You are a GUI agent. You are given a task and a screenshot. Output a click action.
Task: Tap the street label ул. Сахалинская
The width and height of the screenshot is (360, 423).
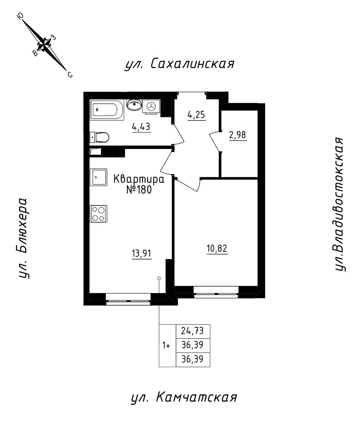[x=179, y=64]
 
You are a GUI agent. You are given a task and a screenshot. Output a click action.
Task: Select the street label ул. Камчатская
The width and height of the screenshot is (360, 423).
[x=184, y=398]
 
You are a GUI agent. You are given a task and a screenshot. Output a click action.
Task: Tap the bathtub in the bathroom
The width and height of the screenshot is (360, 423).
[x=107, y=110]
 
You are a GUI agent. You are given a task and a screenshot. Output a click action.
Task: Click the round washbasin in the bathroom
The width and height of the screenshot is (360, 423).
[x=134, y=104]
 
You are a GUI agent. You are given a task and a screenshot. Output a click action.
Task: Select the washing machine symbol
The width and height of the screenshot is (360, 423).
[x=152, y=107]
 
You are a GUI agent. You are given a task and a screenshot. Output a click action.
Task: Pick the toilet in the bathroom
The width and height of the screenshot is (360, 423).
[x=100, y=137]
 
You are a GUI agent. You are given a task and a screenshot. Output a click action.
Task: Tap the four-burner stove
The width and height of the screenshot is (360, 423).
[x=99, y=213]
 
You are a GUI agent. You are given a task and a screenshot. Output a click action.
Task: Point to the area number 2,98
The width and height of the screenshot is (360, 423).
[x=238, y=136]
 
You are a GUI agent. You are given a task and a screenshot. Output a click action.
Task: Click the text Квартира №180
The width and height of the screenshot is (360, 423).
[x=139, y=184]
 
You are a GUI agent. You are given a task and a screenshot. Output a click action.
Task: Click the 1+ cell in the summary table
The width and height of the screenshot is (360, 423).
[x=167, y=346]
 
